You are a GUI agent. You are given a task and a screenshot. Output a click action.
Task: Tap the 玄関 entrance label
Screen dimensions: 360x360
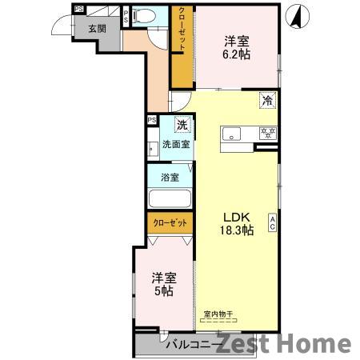tap(97, 29)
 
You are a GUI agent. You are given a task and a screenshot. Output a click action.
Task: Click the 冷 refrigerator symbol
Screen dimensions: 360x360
tap(268, 101)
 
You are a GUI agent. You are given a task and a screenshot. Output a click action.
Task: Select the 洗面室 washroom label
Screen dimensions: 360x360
tap(175, 145)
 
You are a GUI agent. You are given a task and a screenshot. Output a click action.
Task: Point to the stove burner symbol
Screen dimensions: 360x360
tap(269, 134)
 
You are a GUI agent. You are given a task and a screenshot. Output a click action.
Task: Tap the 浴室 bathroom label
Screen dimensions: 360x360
tap(169, 177)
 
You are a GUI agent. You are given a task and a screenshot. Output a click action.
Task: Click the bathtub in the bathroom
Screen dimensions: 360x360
tap(170, 199)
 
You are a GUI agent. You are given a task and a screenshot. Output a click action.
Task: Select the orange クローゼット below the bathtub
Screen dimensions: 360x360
tap(169, 223)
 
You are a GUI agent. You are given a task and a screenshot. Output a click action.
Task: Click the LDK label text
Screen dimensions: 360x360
tap(237, 217)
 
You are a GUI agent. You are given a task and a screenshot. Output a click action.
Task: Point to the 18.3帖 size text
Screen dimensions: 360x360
tap(238, 230)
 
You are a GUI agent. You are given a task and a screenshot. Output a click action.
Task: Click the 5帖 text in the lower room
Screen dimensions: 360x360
tap(163, 292)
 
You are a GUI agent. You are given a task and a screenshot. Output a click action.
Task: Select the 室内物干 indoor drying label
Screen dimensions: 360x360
tap(217, 313)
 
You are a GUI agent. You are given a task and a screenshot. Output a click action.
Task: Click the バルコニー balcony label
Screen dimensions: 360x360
tap(189, 345)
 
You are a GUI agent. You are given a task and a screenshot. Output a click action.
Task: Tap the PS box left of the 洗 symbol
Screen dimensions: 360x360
tap(151, 121)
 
